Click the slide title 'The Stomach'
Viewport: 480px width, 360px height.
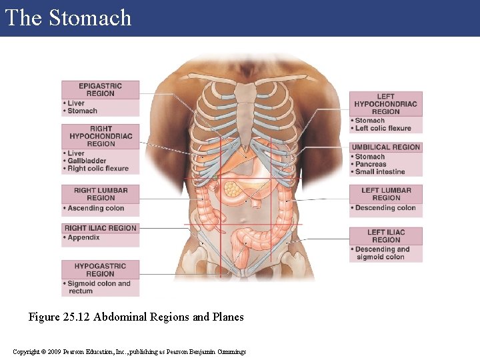tap(68, 18)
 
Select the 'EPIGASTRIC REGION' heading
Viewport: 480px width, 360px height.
tap(101, 89)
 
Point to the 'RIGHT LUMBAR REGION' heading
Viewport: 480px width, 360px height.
tap(101, 194)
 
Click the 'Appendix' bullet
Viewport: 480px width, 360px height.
tap(85, 237)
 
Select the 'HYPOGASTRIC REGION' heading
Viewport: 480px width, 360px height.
tap(101, 270)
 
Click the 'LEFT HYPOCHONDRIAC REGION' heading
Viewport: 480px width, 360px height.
tap(386, 104)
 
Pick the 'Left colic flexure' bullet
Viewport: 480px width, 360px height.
tap(384, 128)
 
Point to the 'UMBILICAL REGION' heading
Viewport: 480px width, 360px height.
tap(386, 147)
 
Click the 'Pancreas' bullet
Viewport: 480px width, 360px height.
tap(371, 164)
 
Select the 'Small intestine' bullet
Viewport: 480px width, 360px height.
tap(381, 171)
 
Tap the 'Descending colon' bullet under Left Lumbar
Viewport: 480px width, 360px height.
tap(386, 208)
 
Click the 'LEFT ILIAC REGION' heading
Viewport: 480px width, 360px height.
tap(386, 236)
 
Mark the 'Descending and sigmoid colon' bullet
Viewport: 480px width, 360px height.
tap(383, 253)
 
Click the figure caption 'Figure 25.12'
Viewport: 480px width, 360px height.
tap(136, 317)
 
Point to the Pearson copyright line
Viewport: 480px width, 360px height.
tap(129, 351)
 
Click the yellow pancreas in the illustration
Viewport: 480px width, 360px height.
tap(232, 189)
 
